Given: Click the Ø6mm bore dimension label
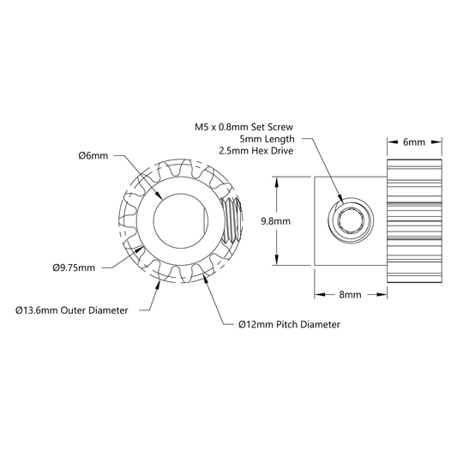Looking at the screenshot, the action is [93, 156].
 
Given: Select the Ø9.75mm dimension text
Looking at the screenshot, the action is [74, 268].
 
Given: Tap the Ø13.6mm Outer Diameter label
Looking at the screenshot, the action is [72, 310].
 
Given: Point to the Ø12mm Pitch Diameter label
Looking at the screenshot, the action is [289, 324].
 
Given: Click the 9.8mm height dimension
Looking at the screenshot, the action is [276, 221].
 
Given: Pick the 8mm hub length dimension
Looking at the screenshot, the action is [351, 295].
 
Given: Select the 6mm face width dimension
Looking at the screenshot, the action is [414, 142].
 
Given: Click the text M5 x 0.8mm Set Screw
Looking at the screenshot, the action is [244, 127].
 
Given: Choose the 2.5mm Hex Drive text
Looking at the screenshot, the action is [256, 151].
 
